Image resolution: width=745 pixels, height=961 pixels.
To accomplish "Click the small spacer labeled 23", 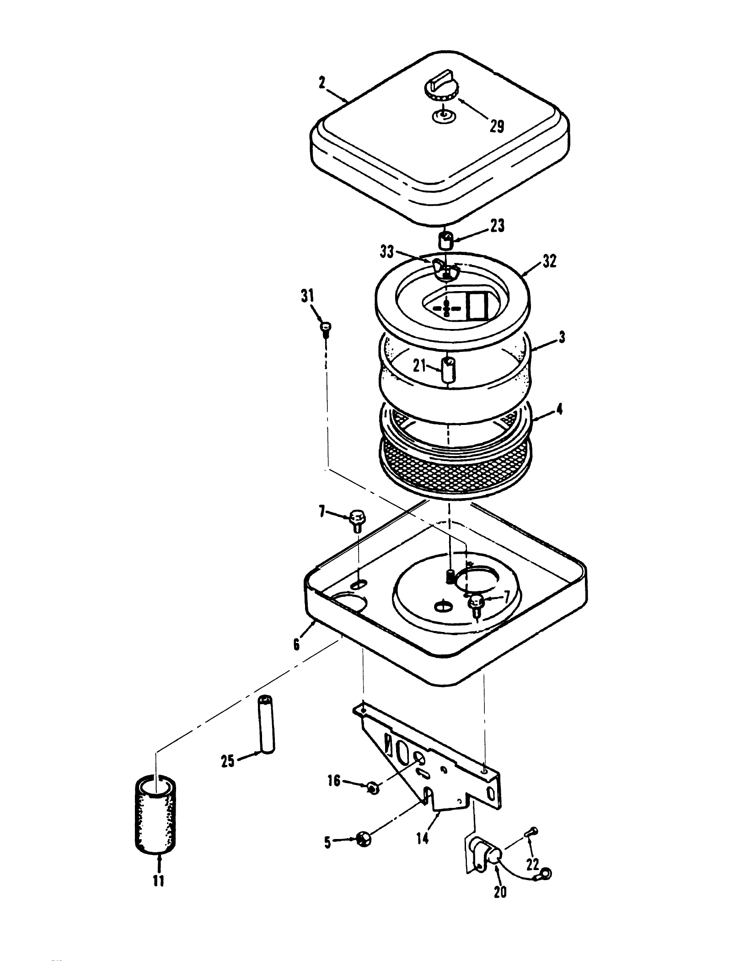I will tap(446, 240).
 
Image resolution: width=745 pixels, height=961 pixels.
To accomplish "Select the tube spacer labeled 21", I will tap(448, 371).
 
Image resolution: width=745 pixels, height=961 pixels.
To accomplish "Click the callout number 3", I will tap(562, 337).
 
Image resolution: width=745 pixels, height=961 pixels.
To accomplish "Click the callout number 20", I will tap(500, 891).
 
